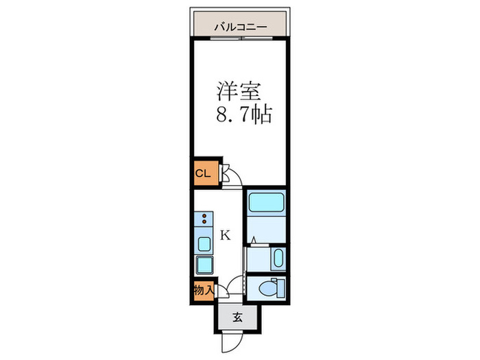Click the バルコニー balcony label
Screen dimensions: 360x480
(x=240, y=27)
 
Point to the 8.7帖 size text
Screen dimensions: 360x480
(x=245, y=115)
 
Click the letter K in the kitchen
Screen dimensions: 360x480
(x=225, y=235)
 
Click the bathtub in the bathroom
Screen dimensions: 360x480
(x=266, y=204)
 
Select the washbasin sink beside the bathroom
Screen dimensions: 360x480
(x=276, y=259)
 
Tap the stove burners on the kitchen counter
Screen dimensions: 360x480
(x=204, y=221)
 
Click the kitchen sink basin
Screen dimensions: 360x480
(x=204, y=243)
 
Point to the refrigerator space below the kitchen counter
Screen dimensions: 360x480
(x=204, y=265)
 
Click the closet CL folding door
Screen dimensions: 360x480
(x=224, y=173)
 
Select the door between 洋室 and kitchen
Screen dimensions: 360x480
(x=234, y=180)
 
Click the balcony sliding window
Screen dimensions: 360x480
(x=240, y=39)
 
